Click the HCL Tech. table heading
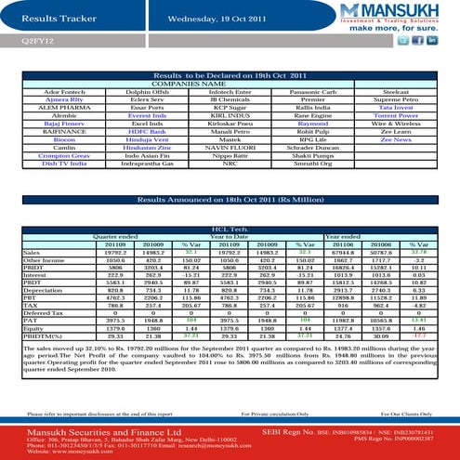coord(229,227)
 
